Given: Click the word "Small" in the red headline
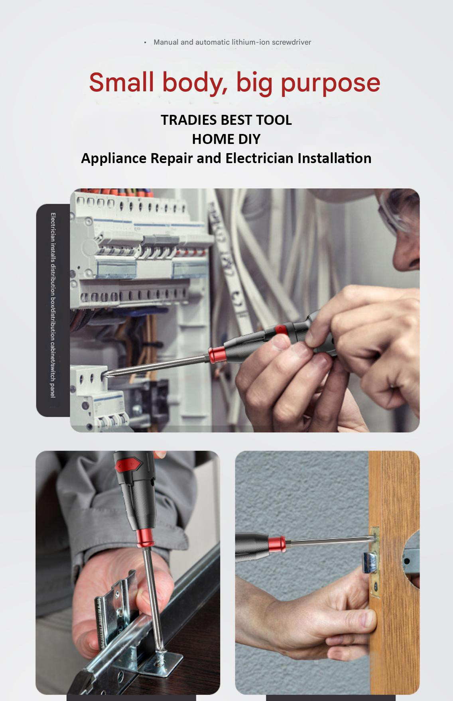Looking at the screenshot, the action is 121,82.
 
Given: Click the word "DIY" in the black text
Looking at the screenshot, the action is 248,139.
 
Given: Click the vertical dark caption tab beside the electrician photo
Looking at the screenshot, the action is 53,310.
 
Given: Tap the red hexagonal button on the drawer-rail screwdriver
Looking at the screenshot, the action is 130,464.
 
